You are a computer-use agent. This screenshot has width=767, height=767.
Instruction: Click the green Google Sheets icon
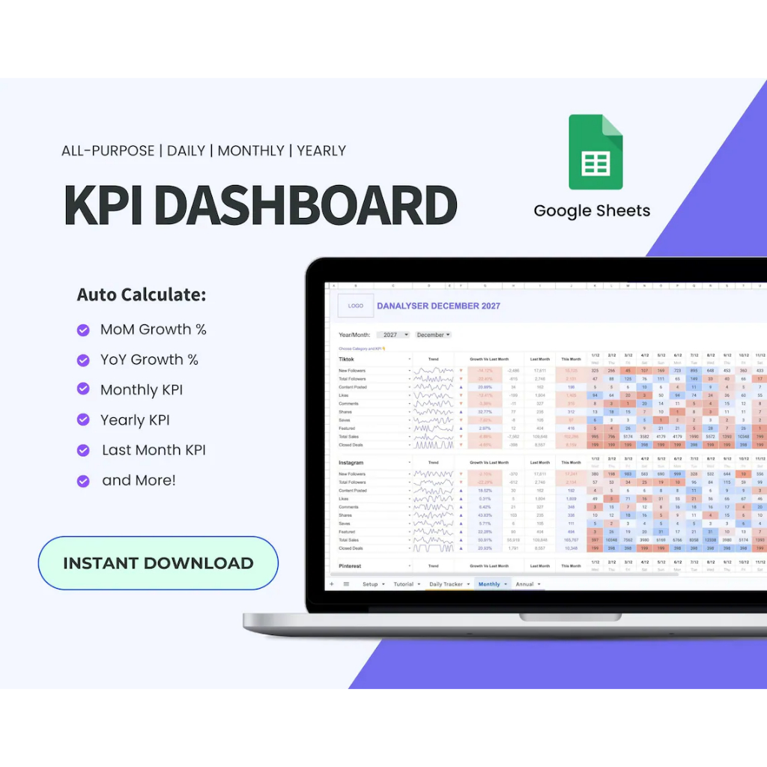click(x=595, y=152)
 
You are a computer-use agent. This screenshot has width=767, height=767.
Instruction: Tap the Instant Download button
click(x=158, y=563)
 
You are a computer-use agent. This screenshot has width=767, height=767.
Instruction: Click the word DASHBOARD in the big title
click(x=306, y=204)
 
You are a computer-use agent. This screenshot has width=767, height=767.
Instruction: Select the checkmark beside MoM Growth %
click(x=83, y=330)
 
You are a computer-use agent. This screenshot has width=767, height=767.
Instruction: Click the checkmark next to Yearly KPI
click(x=83, y=420)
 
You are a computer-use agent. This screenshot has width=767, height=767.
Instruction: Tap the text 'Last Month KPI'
click(x=154, y=450)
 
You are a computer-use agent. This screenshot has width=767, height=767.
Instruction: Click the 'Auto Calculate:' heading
click(x=142, y=295)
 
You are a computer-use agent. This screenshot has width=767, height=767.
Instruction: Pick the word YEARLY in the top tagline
click(x=321, y=151)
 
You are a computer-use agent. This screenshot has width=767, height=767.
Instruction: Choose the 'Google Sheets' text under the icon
click(x=592, y=211)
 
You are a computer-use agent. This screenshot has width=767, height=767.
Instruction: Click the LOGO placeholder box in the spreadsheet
click(x=356, y=306)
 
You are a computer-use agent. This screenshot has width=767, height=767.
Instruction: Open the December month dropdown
click(x=433, y=335)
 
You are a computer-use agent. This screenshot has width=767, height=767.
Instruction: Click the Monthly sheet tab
click(x=491, y=584)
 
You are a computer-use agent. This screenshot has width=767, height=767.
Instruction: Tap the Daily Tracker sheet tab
click(x=448, y=584)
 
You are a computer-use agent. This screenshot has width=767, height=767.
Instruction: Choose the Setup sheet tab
click(x=372, y=584)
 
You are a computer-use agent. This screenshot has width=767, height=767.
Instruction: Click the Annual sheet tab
click(x=527, y=584)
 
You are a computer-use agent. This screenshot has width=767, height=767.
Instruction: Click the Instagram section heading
click(x=351, y=463)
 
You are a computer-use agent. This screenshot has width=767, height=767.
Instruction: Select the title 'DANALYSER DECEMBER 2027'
click(x=438, y=306)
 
